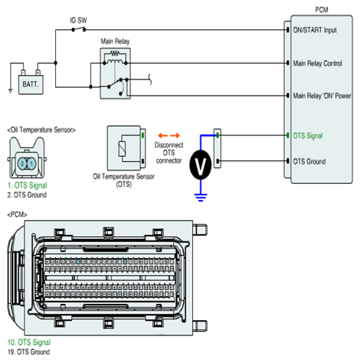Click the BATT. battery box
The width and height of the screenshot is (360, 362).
[31, 85]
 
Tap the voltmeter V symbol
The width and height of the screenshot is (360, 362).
[200, 165]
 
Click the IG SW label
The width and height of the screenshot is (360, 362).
[79, 21]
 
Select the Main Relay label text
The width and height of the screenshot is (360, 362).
[115, 41]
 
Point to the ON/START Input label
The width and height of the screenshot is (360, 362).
[315, 30]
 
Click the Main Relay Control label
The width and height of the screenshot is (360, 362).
[317, 63]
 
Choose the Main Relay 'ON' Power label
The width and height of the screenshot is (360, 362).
[322, 96]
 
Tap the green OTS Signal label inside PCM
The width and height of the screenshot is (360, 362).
[308, 135]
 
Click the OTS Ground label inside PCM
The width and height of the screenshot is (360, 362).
[309, 161]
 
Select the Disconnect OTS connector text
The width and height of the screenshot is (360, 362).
[169, 153]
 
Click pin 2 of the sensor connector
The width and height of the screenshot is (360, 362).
[22, 163]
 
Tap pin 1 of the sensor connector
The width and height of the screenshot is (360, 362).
[32, 163]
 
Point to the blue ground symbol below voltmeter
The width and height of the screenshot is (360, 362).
[200, 197]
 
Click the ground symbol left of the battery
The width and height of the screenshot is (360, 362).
[10, 90]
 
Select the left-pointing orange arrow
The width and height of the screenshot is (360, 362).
[163, 135]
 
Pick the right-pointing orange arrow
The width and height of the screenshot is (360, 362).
[175, 135]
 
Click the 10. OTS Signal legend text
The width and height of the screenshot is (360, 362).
[29, 342]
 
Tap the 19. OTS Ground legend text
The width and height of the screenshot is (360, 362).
[29, 352]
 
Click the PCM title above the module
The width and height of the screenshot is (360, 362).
[322, 10]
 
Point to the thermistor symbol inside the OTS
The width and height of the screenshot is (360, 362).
[122, 149]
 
